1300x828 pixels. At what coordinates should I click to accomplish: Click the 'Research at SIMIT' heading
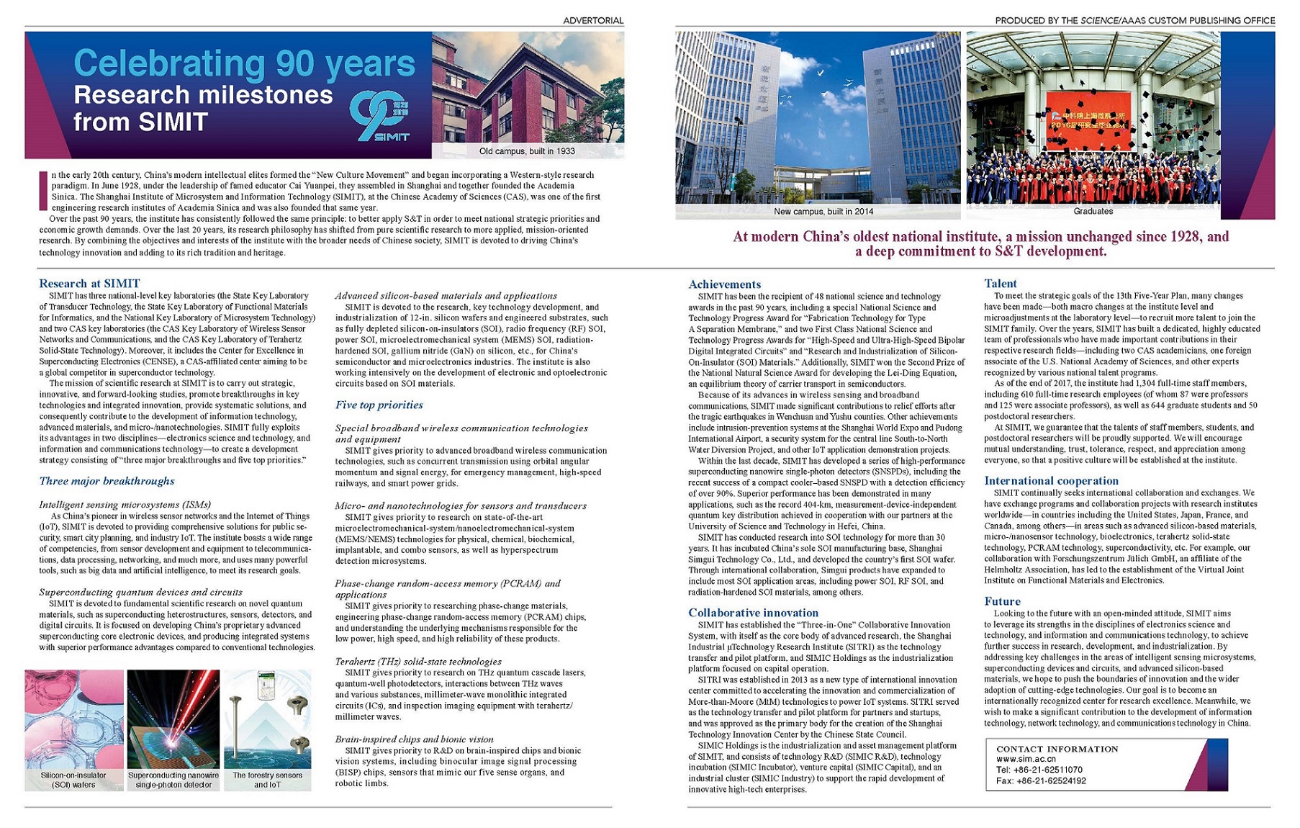(89, 284)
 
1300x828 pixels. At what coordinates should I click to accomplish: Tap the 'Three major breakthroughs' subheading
(107, 481)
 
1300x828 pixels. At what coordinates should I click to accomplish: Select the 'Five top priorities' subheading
(379, 405)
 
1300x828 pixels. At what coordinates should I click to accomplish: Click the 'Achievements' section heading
(724, 284)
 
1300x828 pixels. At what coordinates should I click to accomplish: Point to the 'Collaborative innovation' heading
(753, 613)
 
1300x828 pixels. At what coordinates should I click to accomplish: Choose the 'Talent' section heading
(1001, 284)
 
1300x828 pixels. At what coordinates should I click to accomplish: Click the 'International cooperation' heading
(1051, 481)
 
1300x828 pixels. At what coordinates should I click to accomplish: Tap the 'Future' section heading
(1002, 601)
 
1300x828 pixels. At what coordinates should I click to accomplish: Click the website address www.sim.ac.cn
(1026, 759)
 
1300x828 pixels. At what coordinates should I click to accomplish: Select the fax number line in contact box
(1041, 780)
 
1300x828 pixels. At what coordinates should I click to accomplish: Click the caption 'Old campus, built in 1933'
(527, 151)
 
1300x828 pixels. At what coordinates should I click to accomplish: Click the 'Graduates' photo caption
(1093, 212)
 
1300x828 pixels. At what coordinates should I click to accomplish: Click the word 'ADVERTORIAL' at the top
(593, 20)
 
